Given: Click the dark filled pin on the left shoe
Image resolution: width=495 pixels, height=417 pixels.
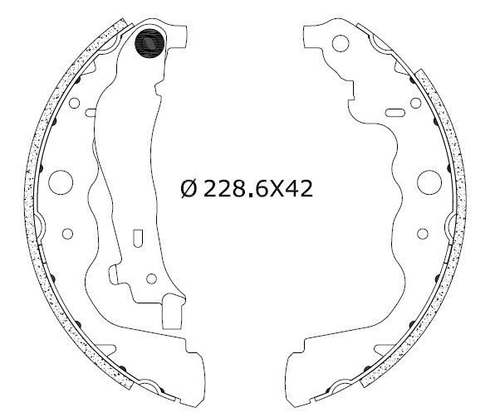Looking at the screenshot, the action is pos(149,43).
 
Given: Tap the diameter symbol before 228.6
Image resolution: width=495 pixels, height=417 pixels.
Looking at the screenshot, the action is pos(189,189).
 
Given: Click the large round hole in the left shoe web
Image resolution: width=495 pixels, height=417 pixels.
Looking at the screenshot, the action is pos(61,182).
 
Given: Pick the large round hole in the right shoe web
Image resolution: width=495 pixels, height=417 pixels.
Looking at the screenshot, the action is pos(429,182).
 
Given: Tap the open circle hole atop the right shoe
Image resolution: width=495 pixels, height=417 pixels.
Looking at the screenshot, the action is pos(341,43).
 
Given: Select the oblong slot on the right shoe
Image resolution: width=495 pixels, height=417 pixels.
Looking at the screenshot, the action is pos(395,113).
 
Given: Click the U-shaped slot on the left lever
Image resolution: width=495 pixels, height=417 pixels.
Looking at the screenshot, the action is pos(138,238).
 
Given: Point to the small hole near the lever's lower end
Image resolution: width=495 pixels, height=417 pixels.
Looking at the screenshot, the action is pos(151,279).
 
